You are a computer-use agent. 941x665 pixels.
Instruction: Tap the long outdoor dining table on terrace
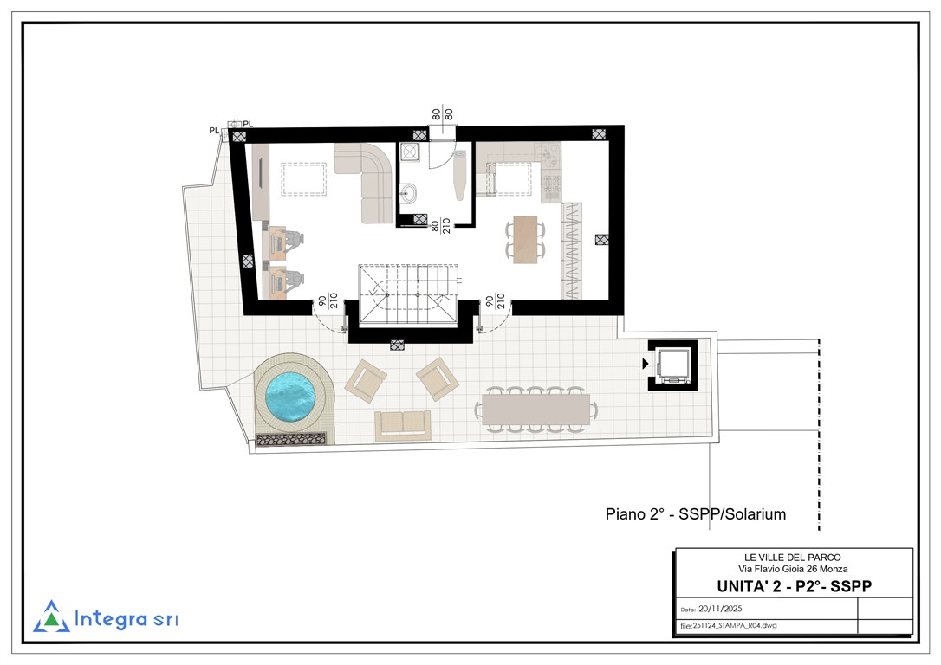[535, 409]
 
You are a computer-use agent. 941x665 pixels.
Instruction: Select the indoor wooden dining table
[525, 239]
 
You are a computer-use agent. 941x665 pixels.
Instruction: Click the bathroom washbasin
[410, 193]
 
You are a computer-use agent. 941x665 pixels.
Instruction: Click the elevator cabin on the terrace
[673, 365]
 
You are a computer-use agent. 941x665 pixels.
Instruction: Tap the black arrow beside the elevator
[646, 364]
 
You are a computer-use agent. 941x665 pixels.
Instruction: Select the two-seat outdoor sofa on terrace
[403, 425]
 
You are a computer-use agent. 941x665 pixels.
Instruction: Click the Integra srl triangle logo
[52, 617]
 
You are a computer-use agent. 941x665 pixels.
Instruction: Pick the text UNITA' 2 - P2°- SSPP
[794, 586]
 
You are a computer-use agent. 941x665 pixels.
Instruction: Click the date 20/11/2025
[720, 609]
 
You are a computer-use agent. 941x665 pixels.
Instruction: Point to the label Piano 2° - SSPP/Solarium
[696, 513]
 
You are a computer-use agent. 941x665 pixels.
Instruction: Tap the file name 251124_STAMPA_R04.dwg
[735, 625]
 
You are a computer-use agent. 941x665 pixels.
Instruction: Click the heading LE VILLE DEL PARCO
[793, 558]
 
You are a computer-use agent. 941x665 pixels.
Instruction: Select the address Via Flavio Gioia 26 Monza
[793, 569]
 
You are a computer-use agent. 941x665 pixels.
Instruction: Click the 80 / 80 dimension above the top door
[442, 114]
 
